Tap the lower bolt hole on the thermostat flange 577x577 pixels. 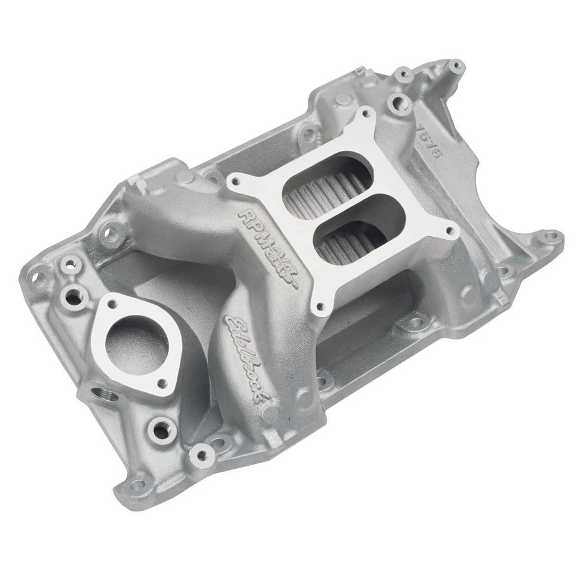pos(162,382)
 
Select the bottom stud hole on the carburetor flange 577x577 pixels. pos(320,308)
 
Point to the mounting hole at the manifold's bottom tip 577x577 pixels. pos(139,483)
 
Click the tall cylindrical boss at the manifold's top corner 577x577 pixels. pos(455,66)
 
